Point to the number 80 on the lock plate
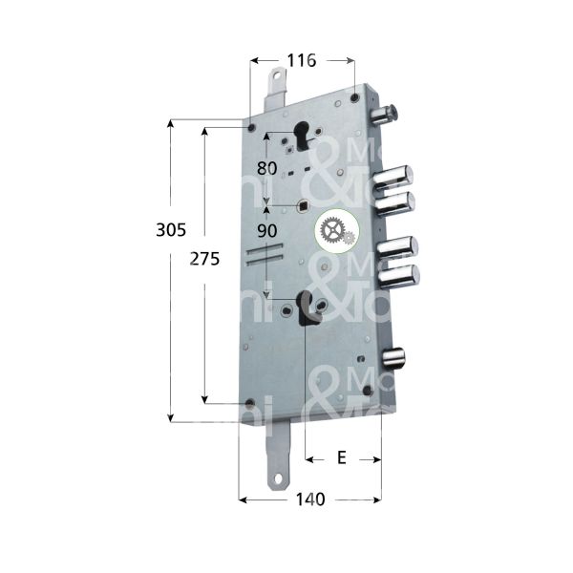[x=267, y=168]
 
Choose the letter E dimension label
[x=342, y=458]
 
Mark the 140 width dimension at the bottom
[x=309, y=499]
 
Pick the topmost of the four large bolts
[x=395, y=178]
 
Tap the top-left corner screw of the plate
[x=250, y=128]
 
